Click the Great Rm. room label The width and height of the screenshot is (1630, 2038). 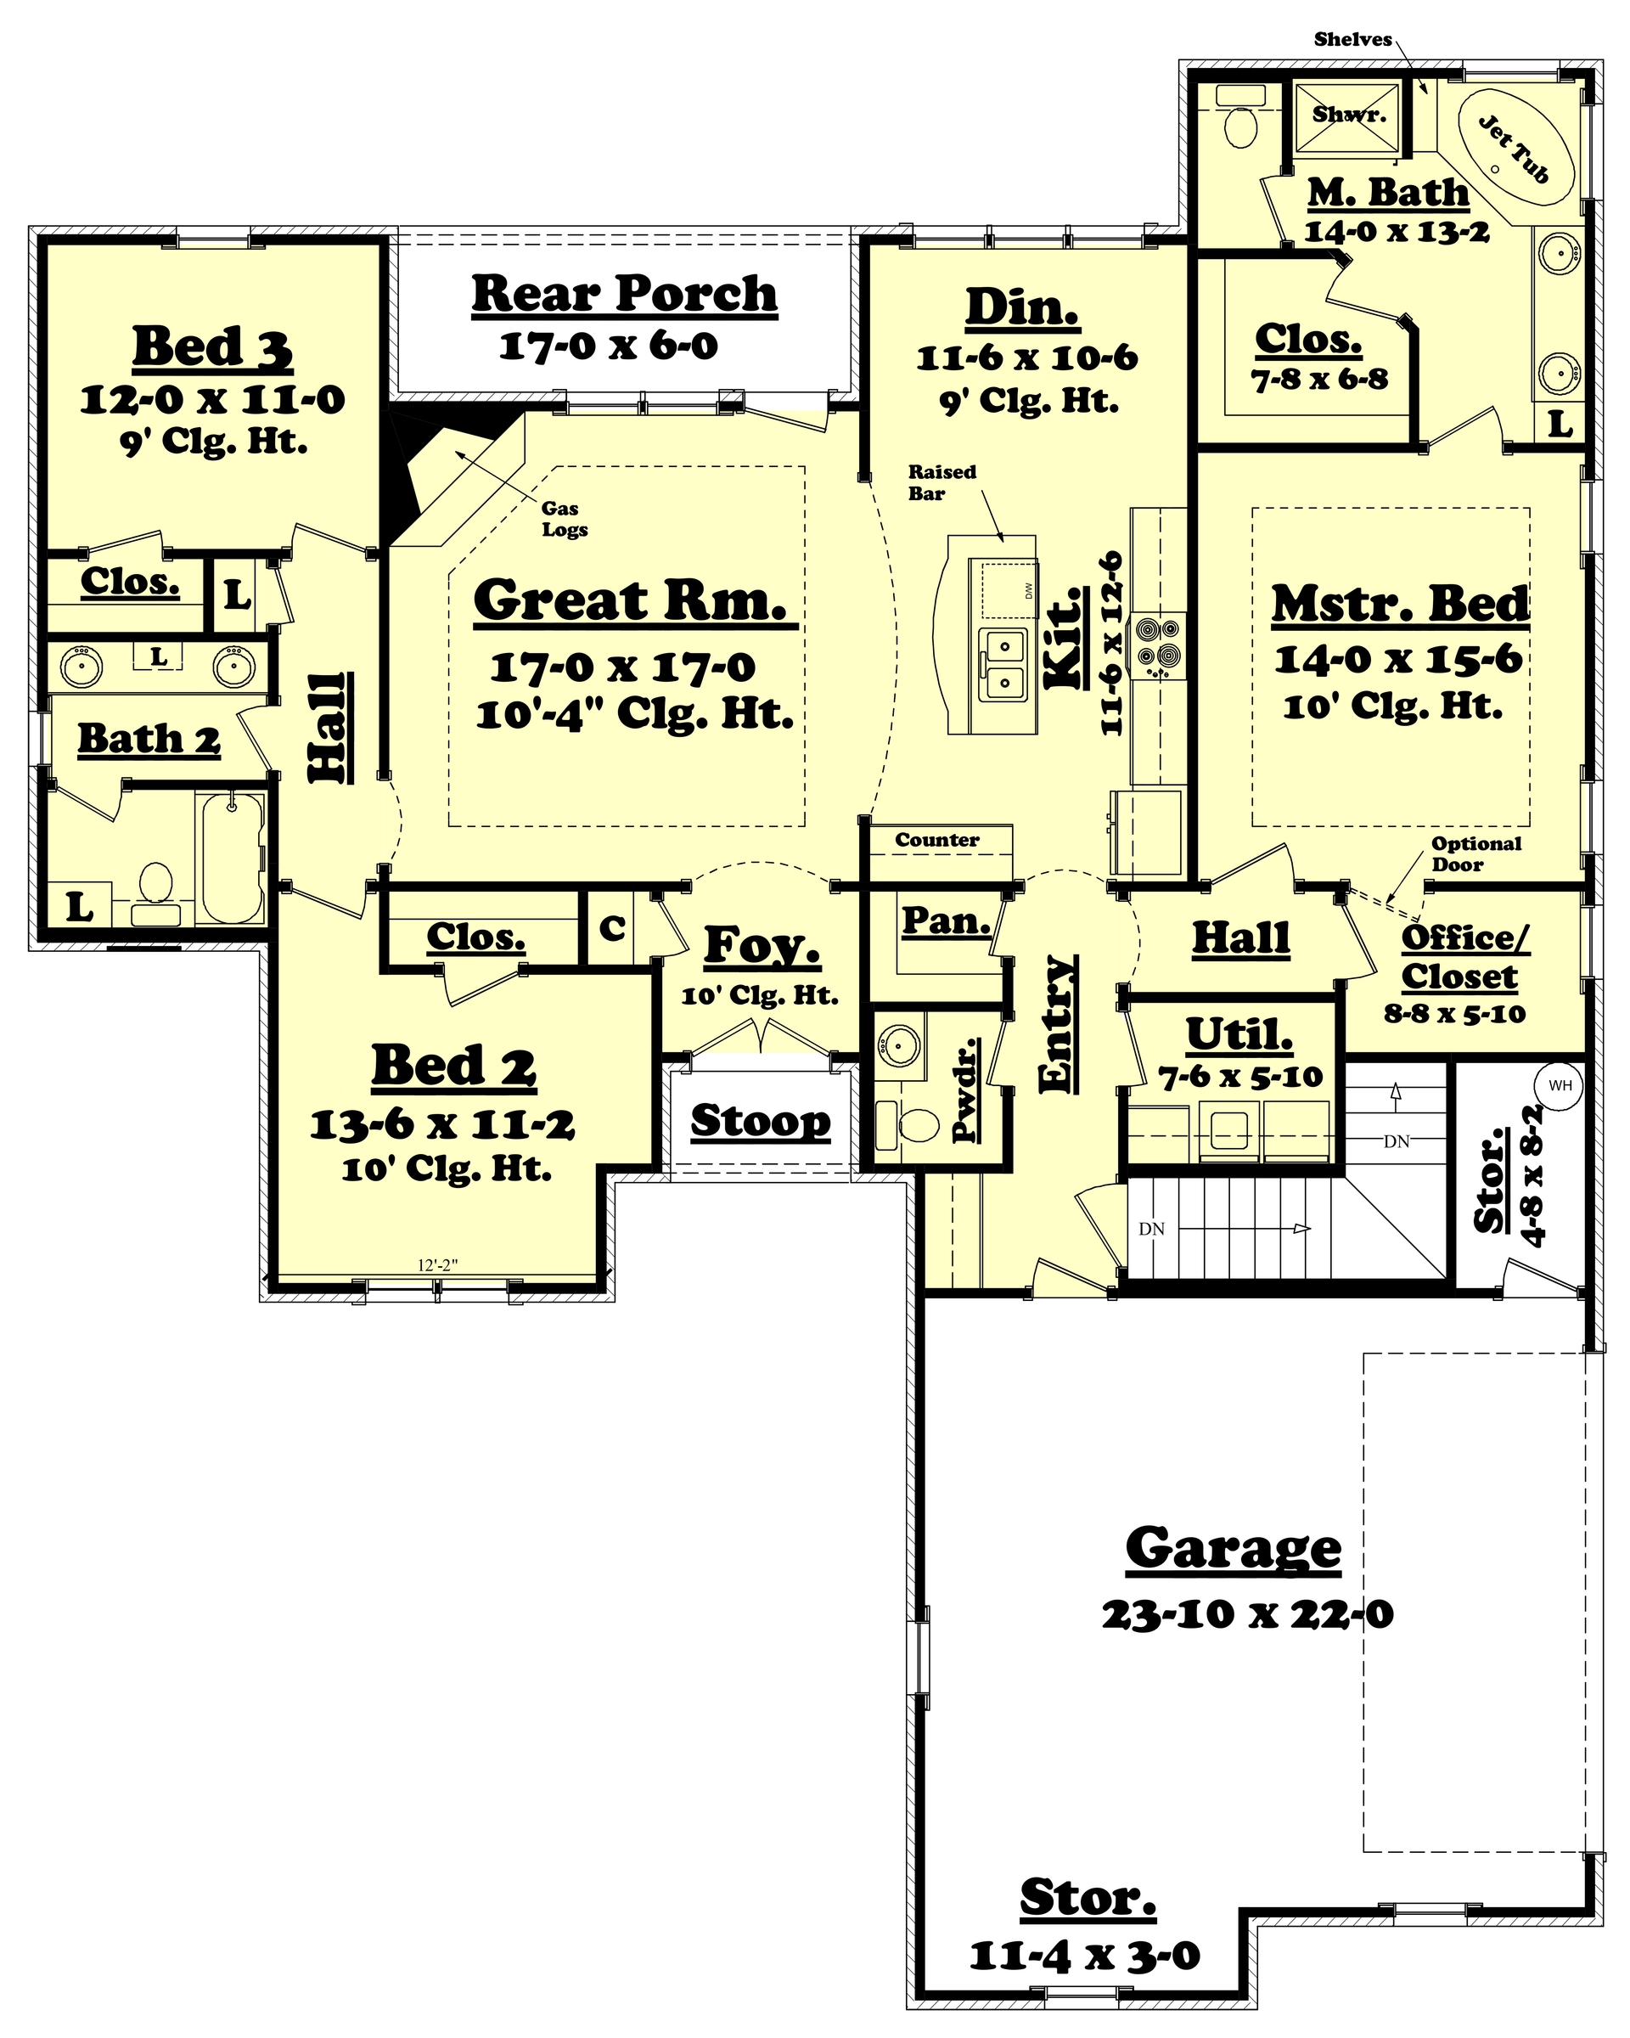(x=630, y=601)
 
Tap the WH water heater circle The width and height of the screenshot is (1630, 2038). (x=1560, y=1086)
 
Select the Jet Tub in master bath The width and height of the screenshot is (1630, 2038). (x=1515, y=151)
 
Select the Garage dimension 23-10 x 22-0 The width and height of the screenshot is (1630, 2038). (x=1246, y=1614)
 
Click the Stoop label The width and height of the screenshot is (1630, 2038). (x=761, y=1121)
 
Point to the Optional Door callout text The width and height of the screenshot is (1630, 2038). (x=1476, y=853)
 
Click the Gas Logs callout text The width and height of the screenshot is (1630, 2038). (x=564, y=519)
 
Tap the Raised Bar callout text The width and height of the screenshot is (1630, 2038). (x=941, y=482)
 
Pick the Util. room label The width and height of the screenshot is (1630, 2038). (x=1239, y=1035)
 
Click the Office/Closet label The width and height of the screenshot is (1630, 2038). (x=1461, y=957)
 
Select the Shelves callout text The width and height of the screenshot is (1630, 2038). (x=1352, y=39)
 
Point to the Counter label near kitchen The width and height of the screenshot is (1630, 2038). (x=936, y=839)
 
